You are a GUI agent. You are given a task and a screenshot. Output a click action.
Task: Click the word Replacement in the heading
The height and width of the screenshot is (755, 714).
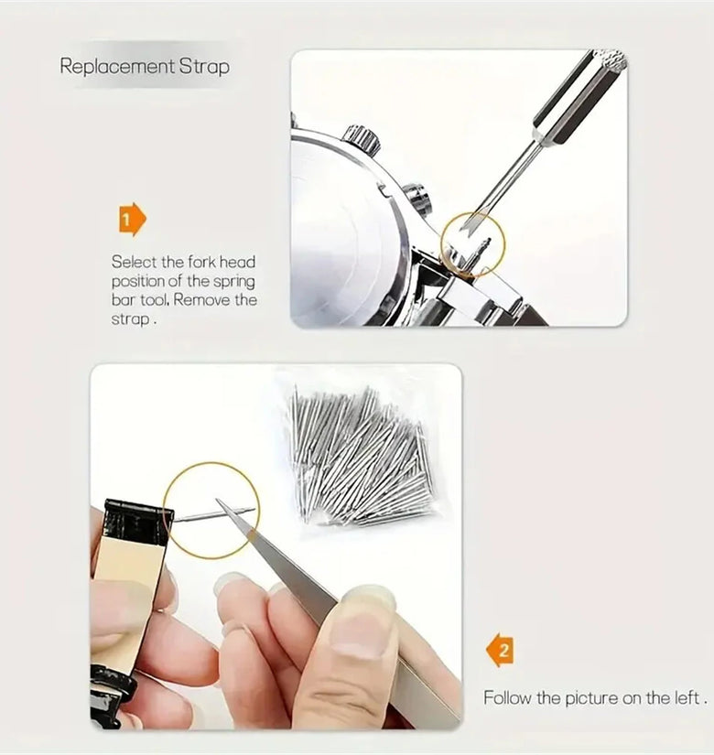click(x=117, y=66)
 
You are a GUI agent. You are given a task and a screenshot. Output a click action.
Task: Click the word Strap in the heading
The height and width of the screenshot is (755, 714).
click(x=204, y=66)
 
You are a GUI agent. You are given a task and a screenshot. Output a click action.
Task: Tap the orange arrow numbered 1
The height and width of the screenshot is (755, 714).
click(x=133, y=220)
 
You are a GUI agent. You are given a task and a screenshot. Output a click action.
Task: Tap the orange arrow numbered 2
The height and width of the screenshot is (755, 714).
click(x=500, y=651)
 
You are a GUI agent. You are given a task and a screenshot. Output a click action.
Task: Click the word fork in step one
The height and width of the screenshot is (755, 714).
click(x=202, y=262)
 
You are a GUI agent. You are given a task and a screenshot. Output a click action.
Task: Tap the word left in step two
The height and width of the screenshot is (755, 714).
click(x=686, y=697)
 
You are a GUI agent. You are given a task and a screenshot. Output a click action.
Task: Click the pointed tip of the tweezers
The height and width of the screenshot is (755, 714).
click(x=218, y=501)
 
